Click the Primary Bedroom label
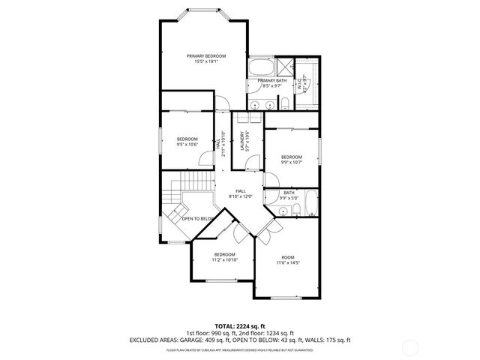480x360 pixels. click(206, 56)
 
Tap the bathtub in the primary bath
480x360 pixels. click(262, 65)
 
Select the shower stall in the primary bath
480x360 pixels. click(283, 65)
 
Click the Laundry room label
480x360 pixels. click(242, 140)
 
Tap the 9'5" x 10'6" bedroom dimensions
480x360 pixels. click(187, 145)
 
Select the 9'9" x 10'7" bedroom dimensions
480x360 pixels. click(291, 161)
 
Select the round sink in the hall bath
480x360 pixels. click(282, 212)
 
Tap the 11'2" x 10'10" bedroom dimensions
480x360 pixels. click(225, 259)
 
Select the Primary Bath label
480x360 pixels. click(272, 80)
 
